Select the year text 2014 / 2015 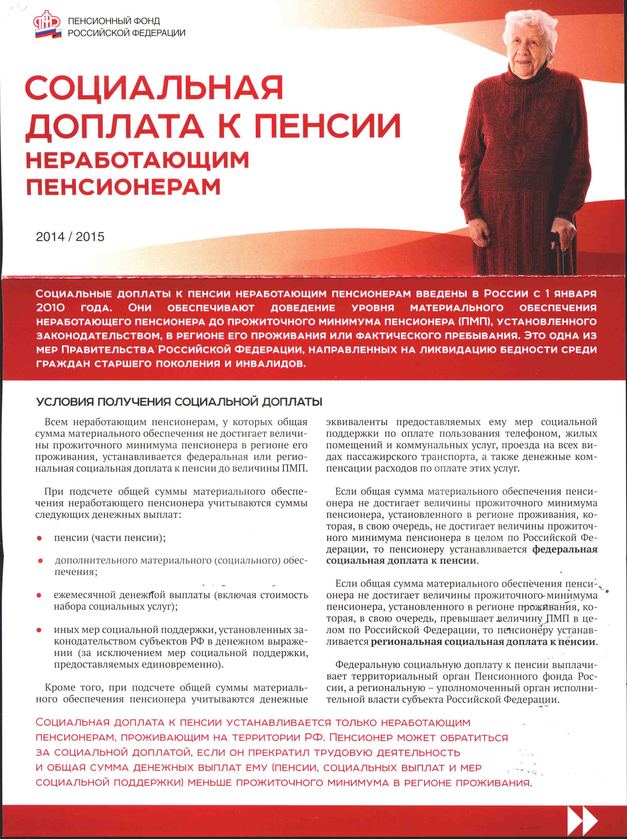tap(70, 237)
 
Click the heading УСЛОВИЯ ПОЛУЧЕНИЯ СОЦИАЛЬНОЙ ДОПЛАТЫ tap(179, 402)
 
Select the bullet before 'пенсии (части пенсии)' tap(39, 538)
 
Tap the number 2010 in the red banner tap(50, 308)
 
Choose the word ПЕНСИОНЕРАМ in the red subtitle tap(123, 187)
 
